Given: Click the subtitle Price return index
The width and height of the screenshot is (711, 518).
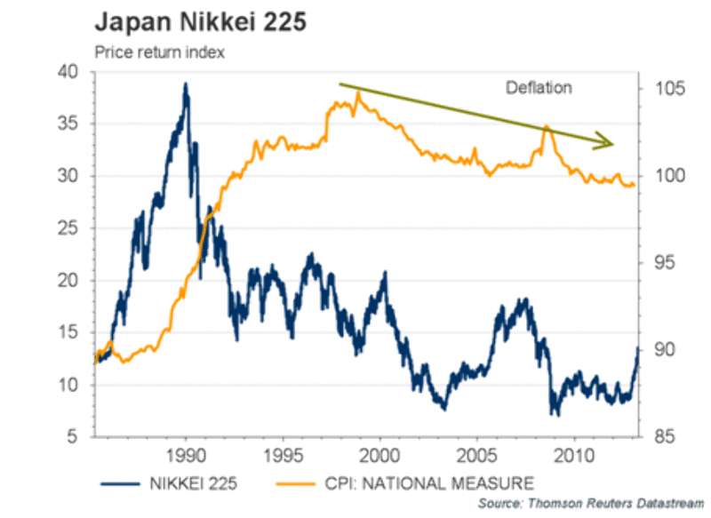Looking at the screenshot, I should [x=160, y=52].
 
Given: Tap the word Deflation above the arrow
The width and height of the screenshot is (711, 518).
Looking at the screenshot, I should [x=539, y=87].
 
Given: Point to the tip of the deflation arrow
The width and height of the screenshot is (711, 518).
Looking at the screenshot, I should [x=613, y=142].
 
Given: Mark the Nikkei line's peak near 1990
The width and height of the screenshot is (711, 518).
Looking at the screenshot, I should [x=186, y=84].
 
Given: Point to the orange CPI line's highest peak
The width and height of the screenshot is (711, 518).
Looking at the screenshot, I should [x=358, y=92].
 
